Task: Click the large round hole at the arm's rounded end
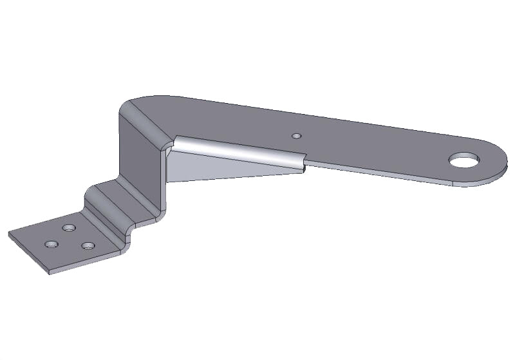pos(465,159)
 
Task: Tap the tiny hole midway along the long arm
pos(296,136)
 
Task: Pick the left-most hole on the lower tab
pos(50,245)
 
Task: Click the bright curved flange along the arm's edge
pos(238,153)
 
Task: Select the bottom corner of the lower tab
pos(50,273)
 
